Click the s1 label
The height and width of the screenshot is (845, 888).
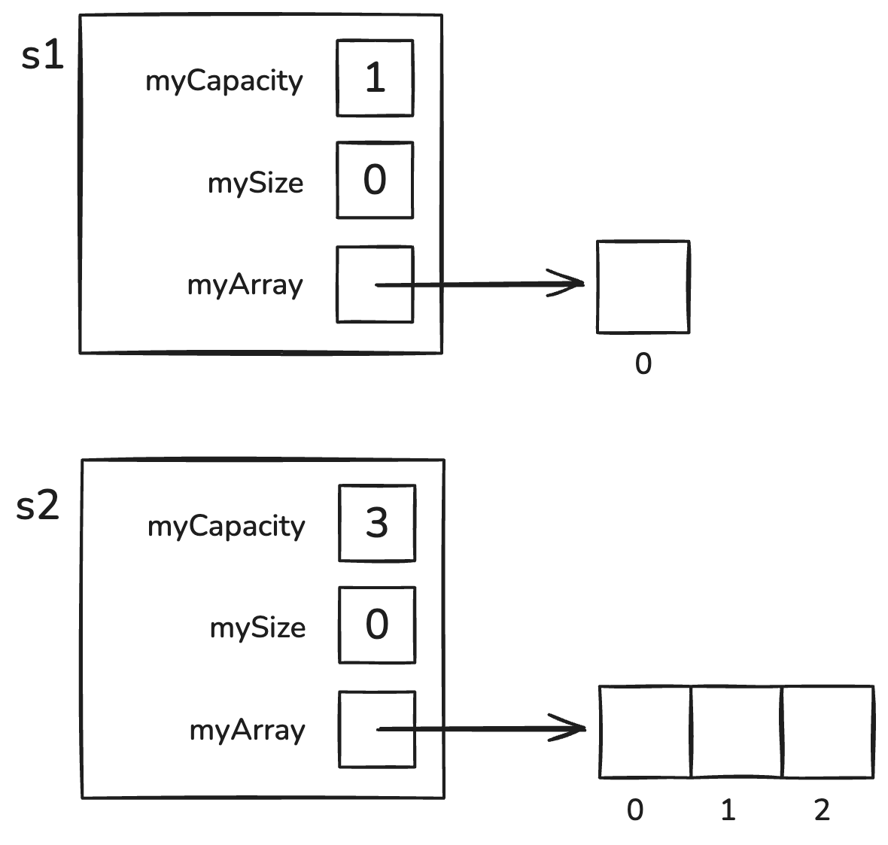43,56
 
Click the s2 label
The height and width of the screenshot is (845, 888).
38,506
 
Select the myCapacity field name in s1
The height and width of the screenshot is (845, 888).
224,81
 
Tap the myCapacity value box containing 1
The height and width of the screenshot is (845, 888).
375,78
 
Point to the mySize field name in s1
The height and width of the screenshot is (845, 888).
256,183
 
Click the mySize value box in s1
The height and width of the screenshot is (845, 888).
375,181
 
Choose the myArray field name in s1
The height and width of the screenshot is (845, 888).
245,285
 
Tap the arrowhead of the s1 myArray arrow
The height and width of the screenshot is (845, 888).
576,284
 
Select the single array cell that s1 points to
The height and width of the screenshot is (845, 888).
643,287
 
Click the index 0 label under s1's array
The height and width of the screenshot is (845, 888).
643,365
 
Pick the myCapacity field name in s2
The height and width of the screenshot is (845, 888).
227,526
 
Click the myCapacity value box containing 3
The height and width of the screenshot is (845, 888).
377,524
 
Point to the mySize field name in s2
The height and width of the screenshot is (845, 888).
258,628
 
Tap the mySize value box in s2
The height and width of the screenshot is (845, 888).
377,625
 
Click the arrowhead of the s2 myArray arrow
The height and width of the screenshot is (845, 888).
577,728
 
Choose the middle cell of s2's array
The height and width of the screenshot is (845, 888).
737,731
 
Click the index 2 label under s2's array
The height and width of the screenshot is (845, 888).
821,810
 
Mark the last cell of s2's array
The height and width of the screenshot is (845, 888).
828,731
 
